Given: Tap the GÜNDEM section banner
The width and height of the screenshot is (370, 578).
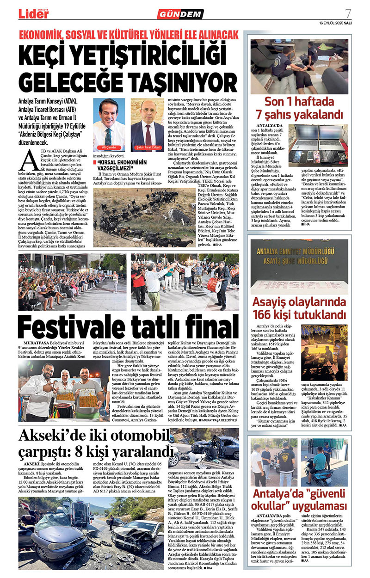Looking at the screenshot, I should (180, 14).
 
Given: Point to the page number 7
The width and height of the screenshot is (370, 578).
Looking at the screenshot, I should (347, 13).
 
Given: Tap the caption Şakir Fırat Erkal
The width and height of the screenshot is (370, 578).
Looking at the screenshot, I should (147, 148).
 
